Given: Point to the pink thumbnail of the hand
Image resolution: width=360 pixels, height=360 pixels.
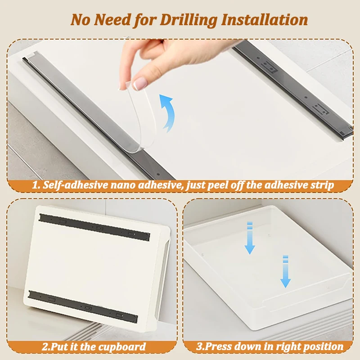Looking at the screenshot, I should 140,83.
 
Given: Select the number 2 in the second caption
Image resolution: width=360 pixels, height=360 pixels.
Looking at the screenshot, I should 45,346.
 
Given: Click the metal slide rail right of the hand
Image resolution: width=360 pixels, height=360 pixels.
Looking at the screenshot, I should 292,85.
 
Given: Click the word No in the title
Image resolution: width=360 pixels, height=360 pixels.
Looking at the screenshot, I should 81,20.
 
